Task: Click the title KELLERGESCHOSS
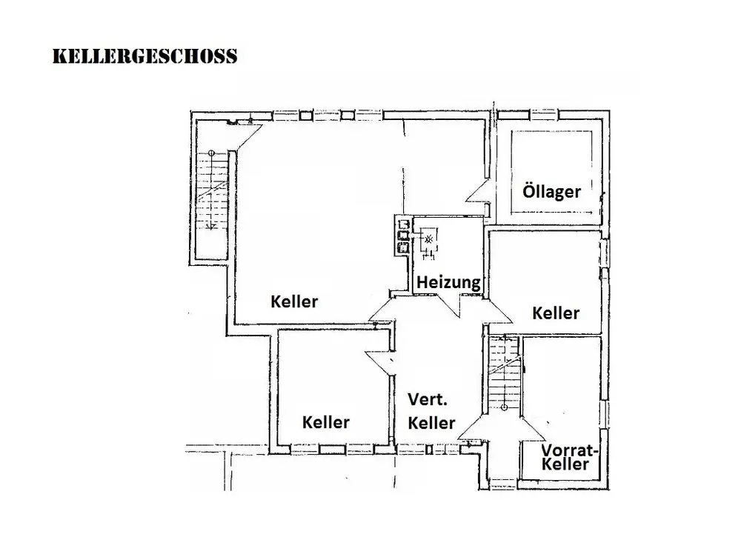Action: (x=145, y=56)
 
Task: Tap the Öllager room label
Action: (x=551, y=192)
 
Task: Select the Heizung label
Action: (x=448, y=282)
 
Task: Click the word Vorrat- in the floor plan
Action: (x=570, y=451)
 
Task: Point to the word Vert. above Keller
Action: (x=429, y=400)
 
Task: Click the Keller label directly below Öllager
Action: (x=556, y=313)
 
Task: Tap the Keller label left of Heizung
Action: (x=294, y=301)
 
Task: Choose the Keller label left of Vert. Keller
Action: (x=326, y=422)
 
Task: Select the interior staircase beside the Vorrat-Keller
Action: (x=504, y=374)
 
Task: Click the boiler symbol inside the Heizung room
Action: (x=428, y=239)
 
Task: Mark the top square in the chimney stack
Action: (x=403, y=224)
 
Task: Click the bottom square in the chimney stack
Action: (x=403, y=249)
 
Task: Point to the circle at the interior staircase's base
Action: (x=504, y=405)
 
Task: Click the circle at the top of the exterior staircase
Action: (x=212, y=153)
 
